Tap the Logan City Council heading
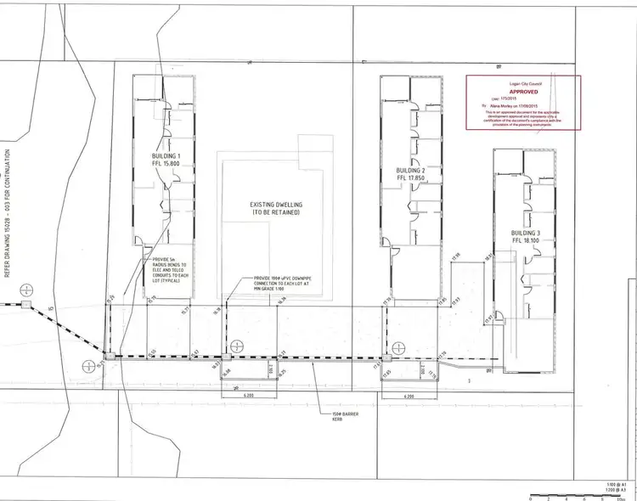point(522,80)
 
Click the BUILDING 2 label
point(410,171)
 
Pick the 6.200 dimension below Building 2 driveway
point(409,397)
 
